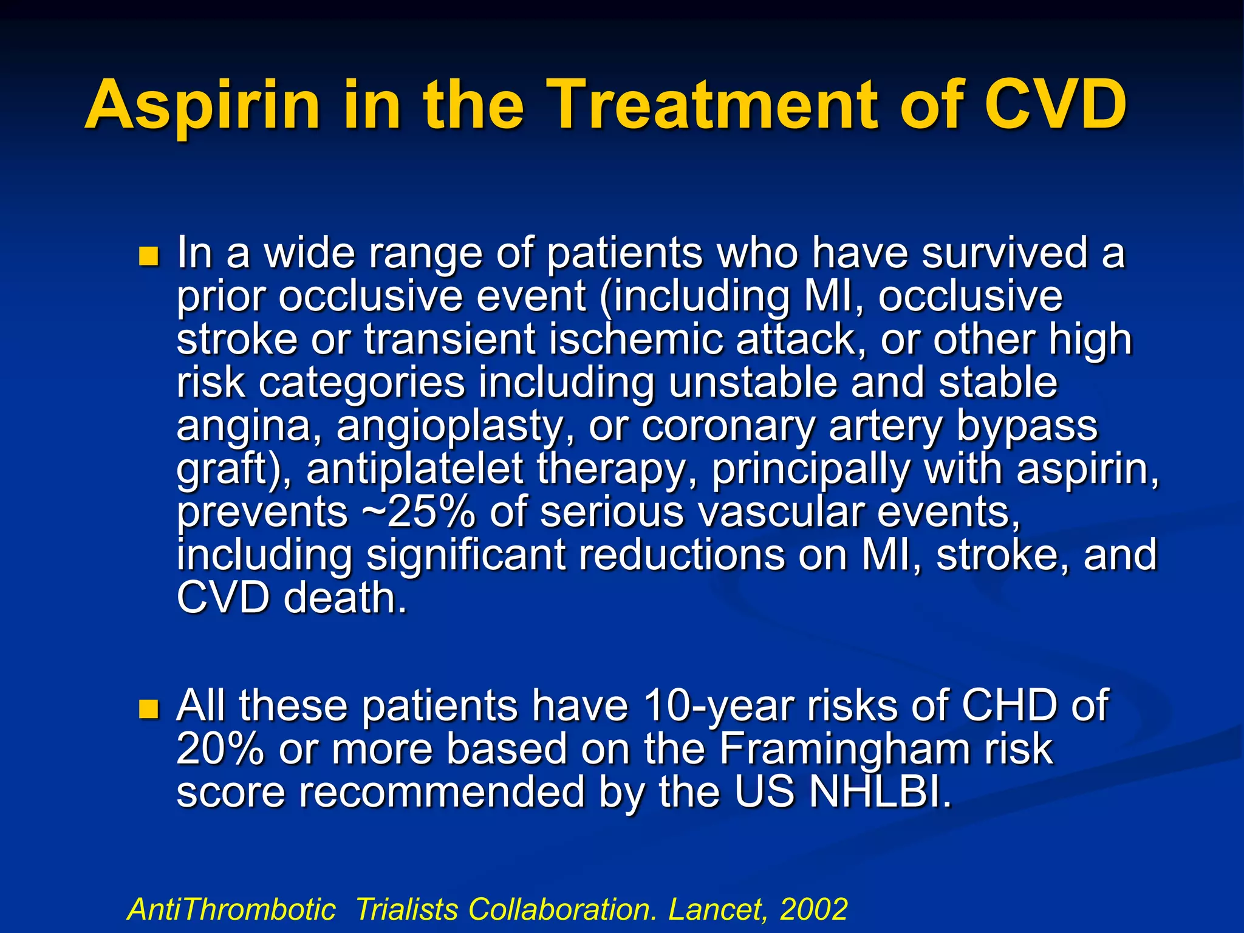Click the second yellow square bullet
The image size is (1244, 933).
[148, 709]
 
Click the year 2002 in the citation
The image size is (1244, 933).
[813, 909]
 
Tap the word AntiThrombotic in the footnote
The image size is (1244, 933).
[231, 909]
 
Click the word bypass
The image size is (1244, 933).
[1027, 426]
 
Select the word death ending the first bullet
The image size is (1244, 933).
[344, 598]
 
